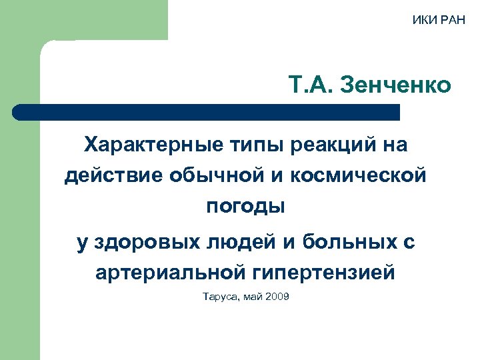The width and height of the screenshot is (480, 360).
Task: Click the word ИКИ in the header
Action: [x=421, y=18]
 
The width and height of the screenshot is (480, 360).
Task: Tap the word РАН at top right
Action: [x=450, y=18]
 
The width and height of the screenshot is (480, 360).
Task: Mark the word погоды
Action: [x=245, y=207]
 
